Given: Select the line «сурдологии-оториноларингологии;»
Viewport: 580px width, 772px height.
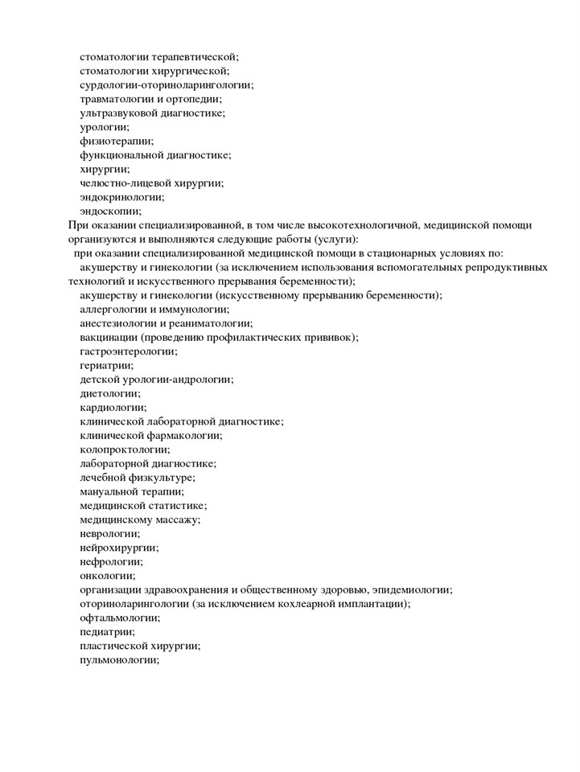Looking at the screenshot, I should (167, 84).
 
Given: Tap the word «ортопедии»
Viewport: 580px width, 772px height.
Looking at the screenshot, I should (195, 99).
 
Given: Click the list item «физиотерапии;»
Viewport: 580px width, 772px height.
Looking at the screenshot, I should (117, 141).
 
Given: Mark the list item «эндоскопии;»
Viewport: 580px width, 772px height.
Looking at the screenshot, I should (111, 211).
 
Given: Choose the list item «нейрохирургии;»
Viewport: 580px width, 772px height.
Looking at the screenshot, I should (119, 548).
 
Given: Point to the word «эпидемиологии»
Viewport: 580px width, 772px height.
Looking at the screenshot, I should (412, 589).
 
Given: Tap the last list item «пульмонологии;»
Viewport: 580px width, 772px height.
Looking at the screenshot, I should (120, 660).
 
